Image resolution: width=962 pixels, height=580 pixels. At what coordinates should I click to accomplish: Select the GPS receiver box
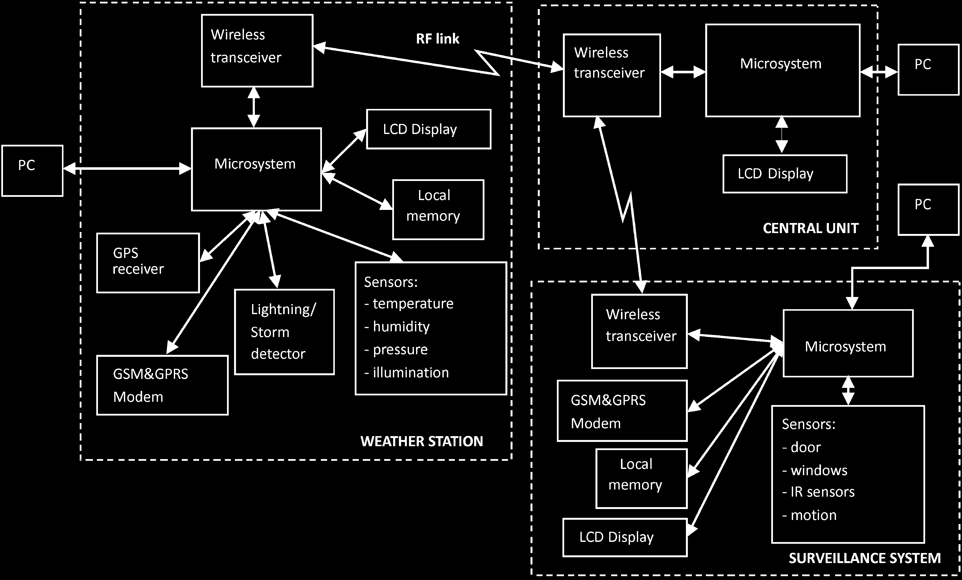tap(148, 263)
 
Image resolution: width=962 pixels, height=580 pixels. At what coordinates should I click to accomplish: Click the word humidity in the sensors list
tap(401, 327)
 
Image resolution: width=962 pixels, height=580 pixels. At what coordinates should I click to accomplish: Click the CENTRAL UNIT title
tap(810, 228)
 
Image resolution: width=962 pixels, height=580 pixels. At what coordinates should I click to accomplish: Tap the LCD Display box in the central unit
tap(785, 174)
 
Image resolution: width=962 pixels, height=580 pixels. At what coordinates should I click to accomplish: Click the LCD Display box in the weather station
tap(428, 129)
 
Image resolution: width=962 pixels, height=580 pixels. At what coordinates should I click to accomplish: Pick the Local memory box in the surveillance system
tap(641, 478)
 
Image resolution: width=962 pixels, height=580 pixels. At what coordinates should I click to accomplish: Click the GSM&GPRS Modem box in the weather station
tap(162, 385)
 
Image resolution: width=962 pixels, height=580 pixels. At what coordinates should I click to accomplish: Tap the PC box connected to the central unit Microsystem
tap(928, 69)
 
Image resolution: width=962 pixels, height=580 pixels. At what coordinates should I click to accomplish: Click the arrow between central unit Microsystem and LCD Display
tap(782, 135)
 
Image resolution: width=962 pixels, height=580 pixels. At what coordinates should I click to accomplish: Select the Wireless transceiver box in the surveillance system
tap(639, 331)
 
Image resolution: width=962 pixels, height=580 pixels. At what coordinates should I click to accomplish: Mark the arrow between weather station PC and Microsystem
tap(127, 169)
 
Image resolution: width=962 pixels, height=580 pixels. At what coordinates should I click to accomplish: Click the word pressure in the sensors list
tap(400, 350)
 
